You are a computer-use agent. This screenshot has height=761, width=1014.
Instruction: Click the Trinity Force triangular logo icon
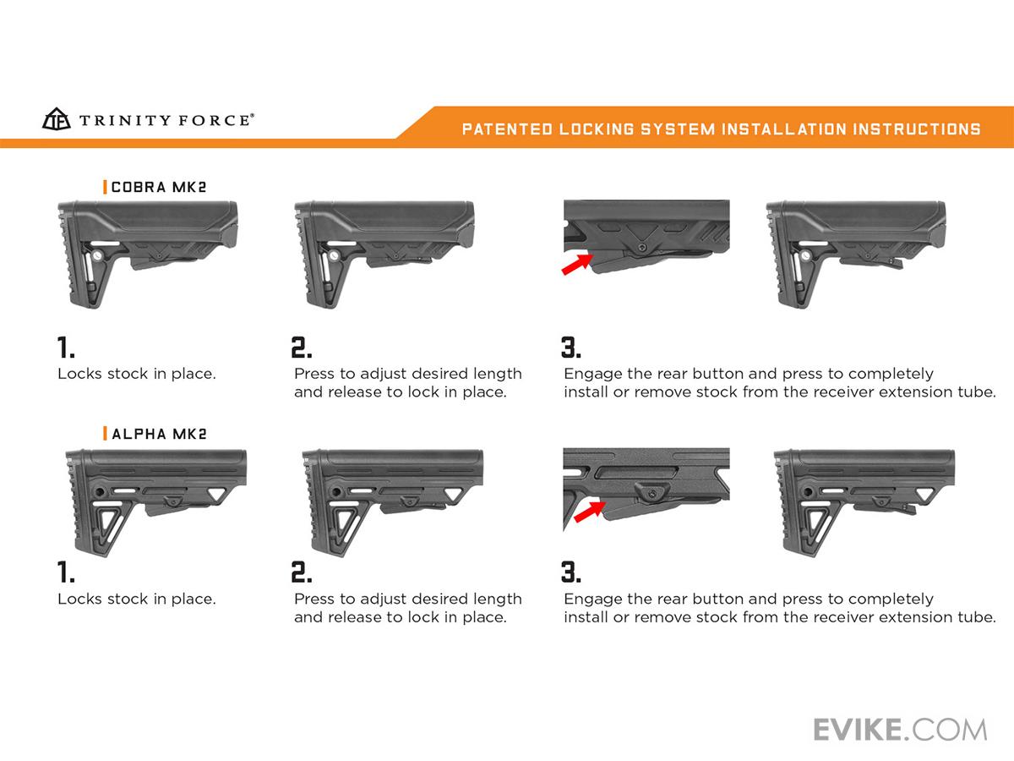[56, 119]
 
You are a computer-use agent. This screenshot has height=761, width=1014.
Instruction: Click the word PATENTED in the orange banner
[504, 129]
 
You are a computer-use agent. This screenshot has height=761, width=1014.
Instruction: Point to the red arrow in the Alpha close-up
[588, 511]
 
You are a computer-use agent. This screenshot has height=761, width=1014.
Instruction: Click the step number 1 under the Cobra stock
[66, 348]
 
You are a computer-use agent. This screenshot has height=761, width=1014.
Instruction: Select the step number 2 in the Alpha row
[302, 572]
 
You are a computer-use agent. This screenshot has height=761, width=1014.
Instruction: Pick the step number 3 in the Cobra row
[571, 348]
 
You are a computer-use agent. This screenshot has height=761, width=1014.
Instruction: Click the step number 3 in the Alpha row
[571, 572]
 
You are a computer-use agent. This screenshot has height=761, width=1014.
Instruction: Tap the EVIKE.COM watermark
[900, 729]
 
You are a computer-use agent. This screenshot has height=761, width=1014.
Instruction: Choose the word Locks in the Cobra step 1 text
[79, 373]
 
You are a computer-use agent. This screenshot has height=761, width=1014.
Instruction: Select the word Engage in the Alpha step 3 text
[592, 599]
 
